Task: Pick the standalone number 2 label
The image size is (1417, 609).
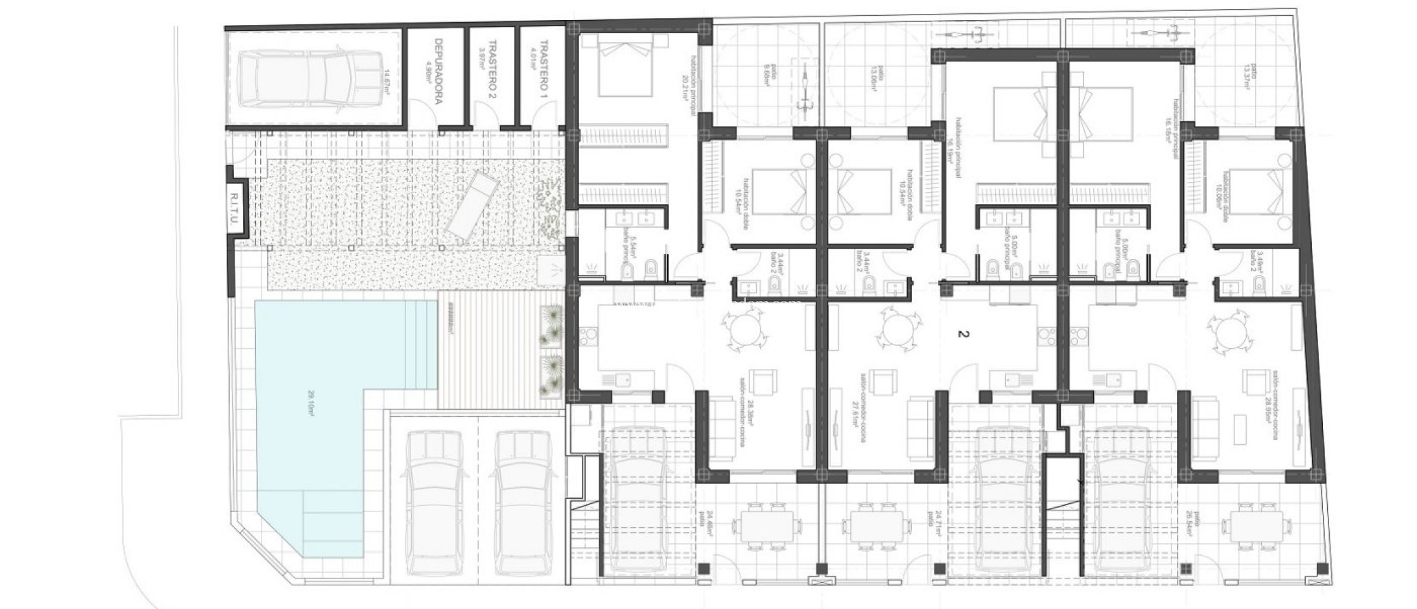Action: click(962, 334)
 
